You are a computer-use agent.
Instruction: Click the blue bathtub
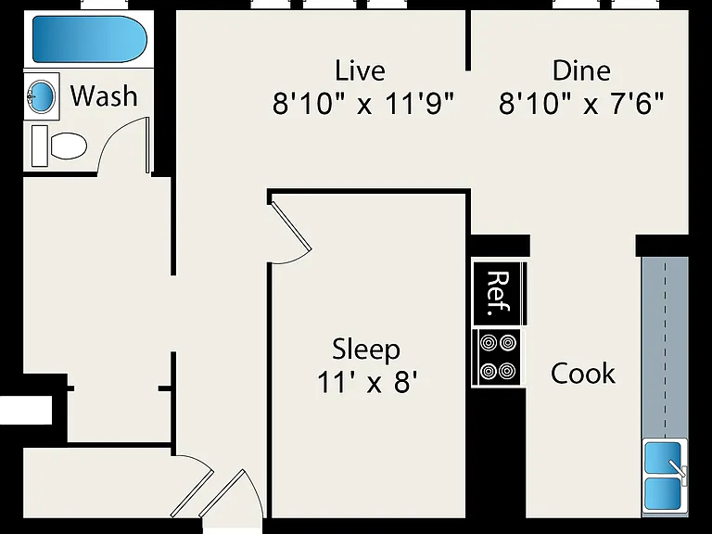pyautogui.click(x=89, y=39)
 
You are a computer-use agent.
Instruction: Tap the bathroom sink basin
pyautogui.click(x=43, y=96)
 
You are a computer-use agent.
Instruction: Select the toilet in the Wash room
pyautogui.click(x=59, y=146)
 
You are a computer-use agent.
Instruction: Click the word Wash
pyautogui.click(x=104, y=95)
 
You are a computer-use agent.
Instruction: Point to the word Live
pyautogui.click(x=360, y=70)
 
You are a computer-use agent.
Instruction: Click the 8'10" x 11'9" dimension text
pyautogui.click(x=363, y=104)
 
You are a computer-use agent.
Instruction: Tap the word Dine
pyautogui.click(x=581, y=70)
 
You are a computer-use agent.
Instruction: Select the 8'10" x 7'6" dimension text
pyautogui.click(x=581, y=104)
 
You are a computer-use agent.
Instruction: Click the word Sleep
pyautogui.click(x=366, y=350)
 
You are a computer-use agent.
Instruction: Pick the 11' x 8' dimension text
pyautogui.click(x=367, y=381)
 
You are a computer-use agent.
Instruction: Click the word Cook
pyautogui.click(x=583, y=374)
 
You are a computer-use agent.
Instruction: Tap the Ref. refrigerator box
pyautogui.click(x=500, y=293)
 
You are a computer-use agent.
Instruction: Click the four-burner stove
pyautogui.click(x=498, y=358)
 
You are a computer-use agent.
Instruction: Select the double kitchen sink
pyautogui.click(x=664, y=477)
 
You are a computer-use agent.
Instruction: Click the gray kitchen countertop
pyautogui.click(x=665, y=348)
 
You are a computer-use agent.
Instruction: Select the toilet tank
pyautogui.click(x=40, y=146)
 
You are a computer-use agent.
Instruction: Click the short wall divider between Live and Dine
pyautogui.click(x=468, y=41)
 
